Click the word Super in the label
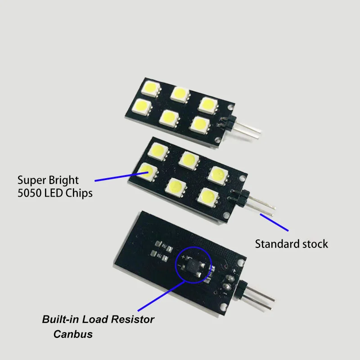pyautogui.click(x=31, y=180)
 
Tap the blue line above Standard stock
pyautogui.click(x=273, y=222)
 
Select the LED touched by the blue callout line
pyautogui.click(x=147, y=171)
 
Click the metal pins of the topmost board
pyautogui.click(x=246, y=129)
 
